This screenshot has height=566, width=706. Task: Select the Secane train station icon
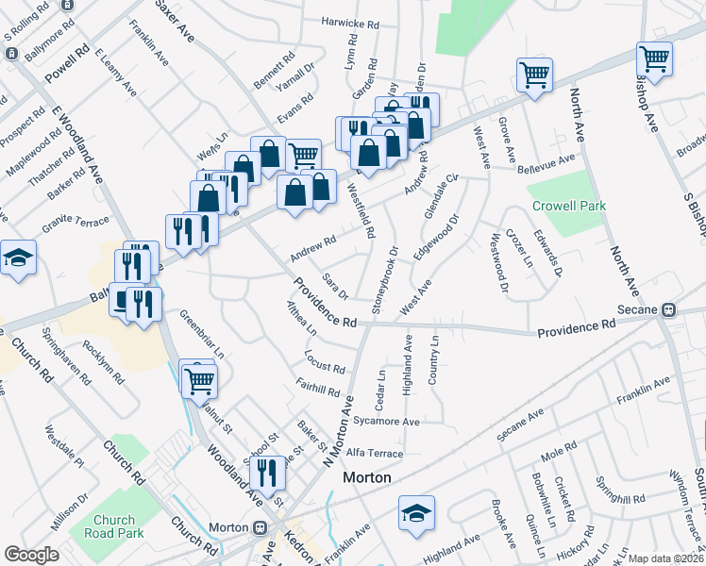(668, 309)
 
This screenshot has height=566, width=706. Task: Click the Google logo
(31, 554)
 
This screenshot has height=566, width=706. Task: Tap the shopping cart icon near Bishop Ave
(654, 59)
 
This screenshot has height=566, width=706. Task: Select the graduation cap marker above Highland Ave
(415, 512)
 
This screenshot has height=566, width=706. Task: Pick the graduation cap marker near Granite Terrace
(18, 258)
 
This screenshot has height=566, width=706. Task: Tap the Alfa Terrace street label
(375, 454)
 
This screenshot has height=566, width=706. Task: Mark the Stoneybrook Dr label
(386, 280)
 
